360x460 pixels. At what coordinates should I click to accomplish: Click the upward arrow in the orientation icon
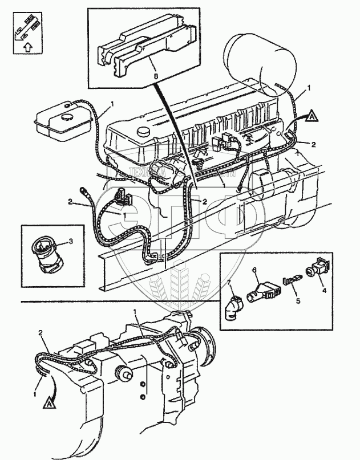click(24, 47)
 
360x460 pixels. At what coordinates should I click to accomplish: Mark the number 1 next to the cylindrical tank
click(309, 89)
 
